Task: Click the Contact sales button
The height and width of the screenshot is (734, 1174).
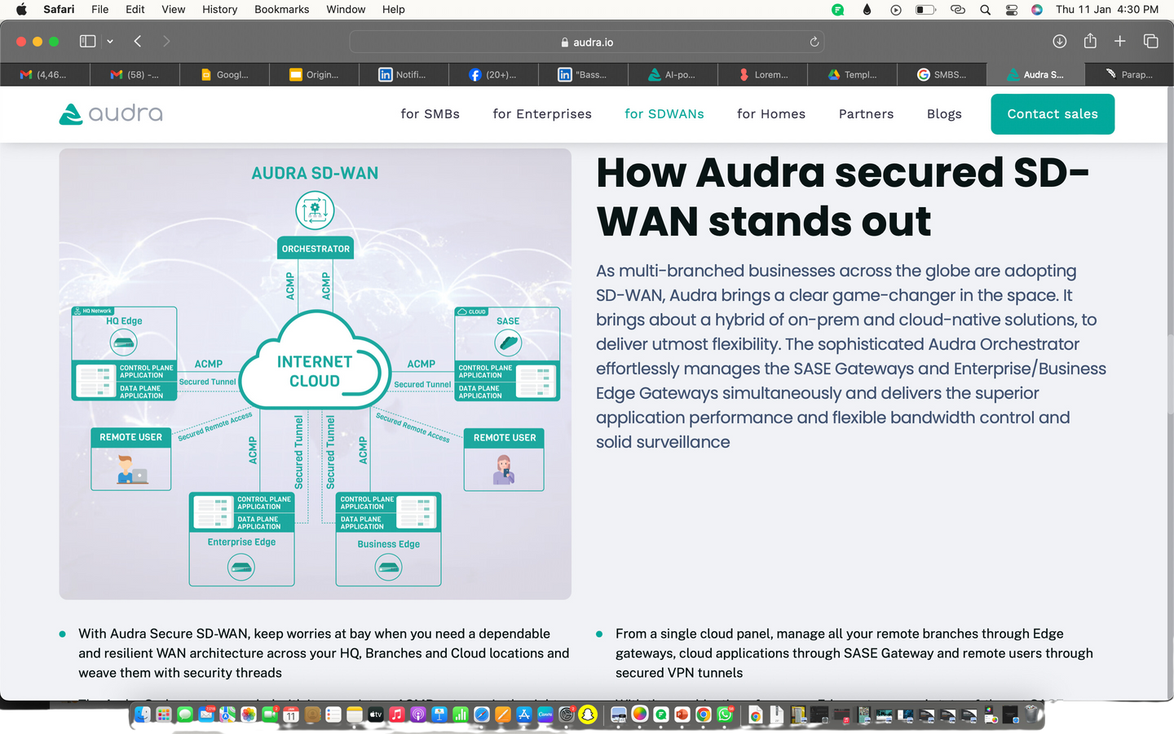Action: click(1052, 114)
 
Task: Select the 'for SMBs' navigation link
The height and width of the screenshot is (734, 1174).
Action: click(430, 114)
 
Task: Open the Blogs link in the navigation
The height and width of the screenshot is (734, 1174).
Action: click(944, 114)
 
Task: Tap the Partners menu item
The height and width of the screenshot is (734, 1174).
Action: click(866, 114)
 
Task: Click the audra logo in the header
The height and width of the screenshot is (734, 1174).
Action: click(111, 113)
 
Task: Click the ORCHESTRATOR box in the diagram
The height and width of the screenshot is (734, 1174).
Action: click(316, 249)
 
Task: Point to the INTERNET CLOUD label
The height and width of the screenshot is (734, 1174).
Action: click(315, 371)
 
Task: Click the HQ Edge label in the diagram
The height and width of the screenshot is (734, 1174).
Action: click(124, 321)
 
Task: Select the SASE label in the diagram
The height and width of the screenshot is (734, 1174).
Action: click(508, 321)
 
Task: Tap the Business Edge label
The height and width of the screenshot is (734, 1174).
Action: click(388, 544)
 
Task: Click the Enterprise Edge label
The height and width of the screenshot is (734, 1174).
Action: click(241, 542)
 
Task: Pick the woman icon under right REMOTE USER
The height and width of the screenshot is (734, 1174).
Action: click(504, 471)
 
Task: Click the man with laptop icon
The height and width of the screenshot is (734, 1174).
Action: click(130, 471)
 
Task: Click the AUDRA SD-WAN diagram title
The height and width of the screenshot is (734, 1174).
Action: click(315, 173)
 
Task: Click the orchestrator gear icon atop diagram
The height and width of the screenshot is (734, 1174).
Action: click(315, 210)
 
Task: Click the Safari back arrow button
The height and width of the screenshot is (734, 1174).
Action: click(138, 42)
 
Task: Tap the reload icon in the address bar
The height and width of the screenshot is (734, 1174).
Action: click(814, 42)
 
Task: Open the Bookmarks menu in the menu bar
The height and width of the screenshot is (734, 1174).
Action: click(281, 10)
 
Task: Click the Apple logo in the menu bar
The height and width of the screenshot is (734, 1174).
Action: click(21, 10)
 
